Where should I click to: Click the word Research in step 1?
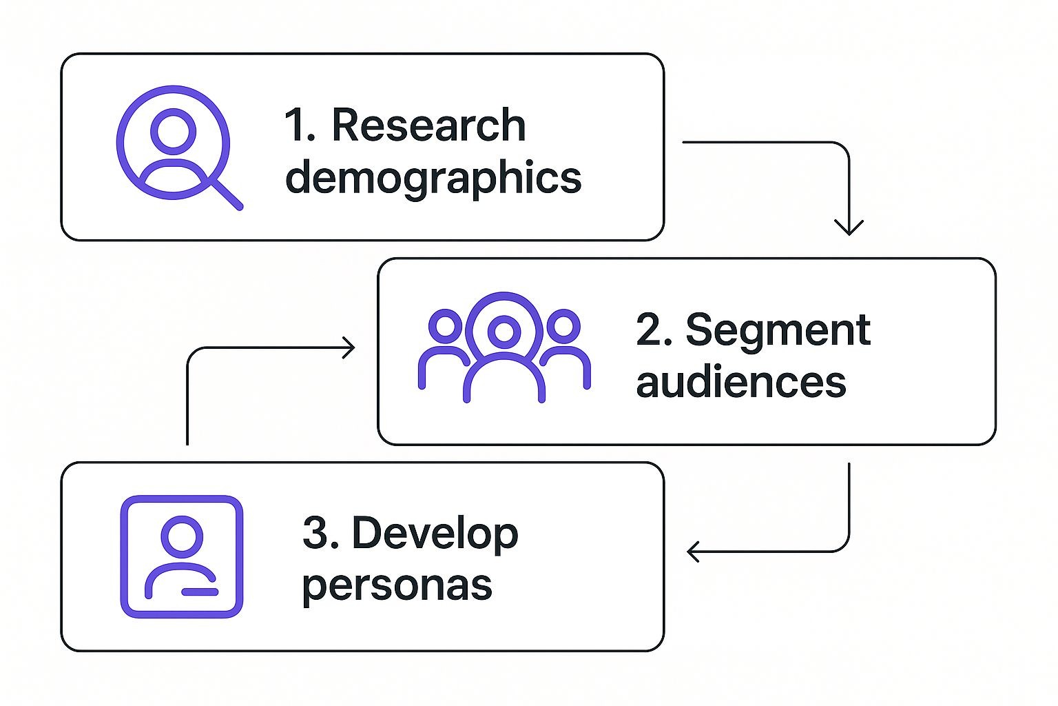click(x=428, y=125)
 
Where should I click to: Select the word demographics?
click(x=433, y=178)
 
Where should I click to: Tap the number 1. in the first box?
click(x=300, y=125)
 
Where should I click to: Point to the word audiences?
click(x=740, y=382)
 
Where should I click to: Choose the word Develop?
click(x=435, y=534)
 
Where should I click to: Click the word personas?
click(x=397, y=586)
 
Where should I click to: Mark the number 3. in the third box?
click(x=320, y=534)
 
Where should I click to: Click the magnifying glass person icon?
click(x=174, y=143)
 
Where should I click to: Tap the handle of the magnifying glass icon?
click(x=227, y=194)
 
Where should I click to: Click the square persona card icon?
click(x=182, y=556)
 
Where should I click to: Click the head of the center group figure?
click(x=504, y=332)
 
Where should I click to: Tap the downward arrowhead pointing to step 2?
click(x=849, y=228)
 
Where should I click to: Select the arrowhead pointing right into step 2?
click(x=349, y=347)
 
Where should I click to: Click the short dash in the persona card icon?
click(x=200, y=592)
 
